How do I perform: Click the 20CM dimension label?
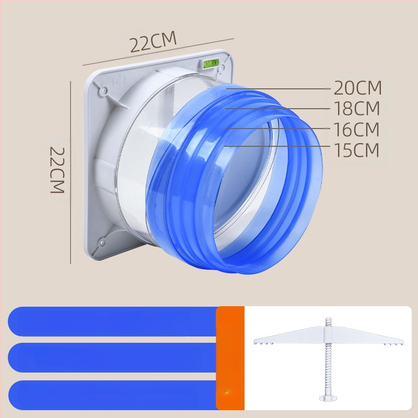pos(357,88)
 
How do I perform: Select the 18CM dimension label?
pos(357,108)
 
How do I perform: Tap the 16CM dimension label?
pos(356,129)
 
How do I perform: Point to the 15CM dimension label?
pos(356,150)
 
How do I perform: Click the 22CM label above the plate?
pos(153,41)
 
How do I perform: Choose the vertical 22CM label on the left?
pos(57,170)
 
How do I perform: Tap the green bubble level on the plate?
pos(211,63)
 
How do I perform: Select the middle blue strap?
pos(112,357)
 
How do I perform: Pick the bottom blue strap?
pos(112,395)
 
